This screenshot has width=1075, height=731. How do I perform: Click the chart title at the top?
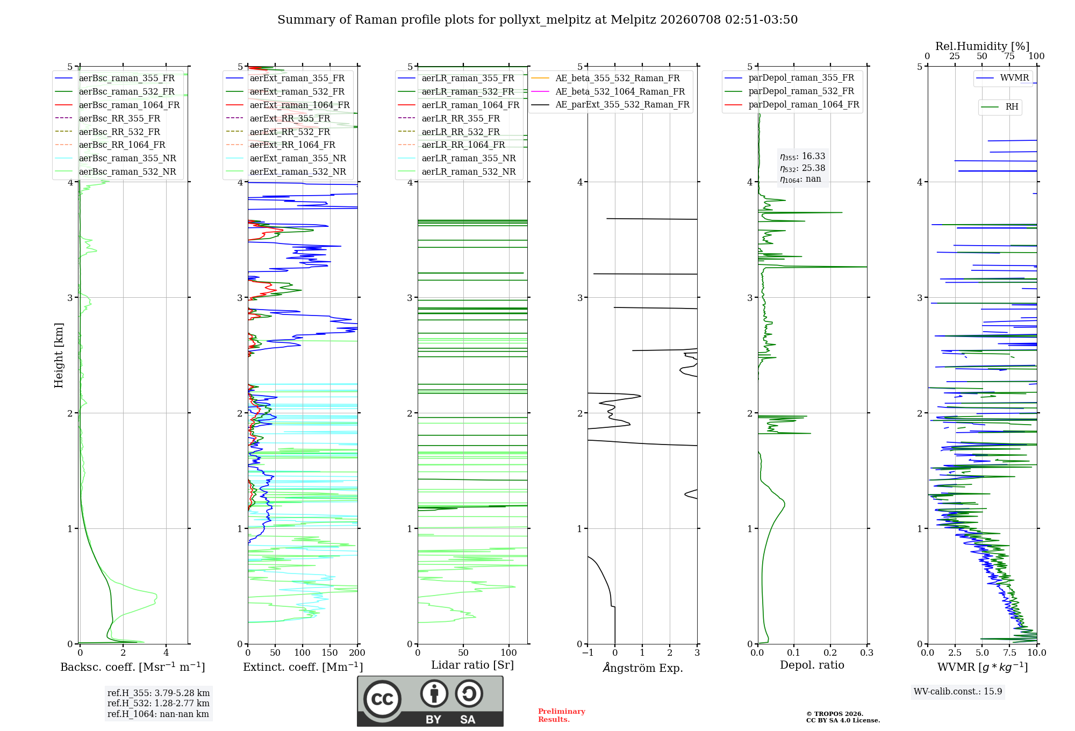point(537,20)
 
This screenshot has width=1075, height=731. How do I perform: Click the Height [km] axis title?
point(59,355)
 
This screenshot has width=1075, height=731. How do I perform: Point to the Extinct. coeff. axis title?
point(303,667)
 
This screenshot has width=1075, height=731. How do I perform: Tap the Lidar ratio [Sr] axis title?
point(472,665)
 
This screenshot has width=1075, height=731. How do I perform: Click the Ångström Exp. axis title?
point(643,668)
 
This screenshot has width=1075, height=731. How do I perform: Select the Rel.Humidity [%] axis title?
point(983,46)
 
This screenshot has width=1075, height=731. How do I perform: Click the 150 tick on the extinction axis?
point(329,653)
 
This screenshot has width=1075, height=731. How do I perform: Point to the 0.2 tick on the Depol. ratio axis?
point(830,653)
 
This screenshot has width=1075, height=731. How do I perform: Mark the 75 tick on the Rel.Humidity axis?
point(1009,56)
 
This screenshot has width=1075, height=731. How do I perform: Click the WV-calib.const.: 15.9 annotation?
point(958,692)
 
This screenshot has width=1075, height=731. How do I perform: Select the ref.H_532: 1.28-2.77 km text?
point(159,704)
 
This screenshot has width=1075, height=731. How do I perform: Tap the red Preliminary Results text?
point(562,715)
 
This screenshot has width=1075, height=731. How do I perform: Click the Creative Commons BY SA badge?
point(431,701)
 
